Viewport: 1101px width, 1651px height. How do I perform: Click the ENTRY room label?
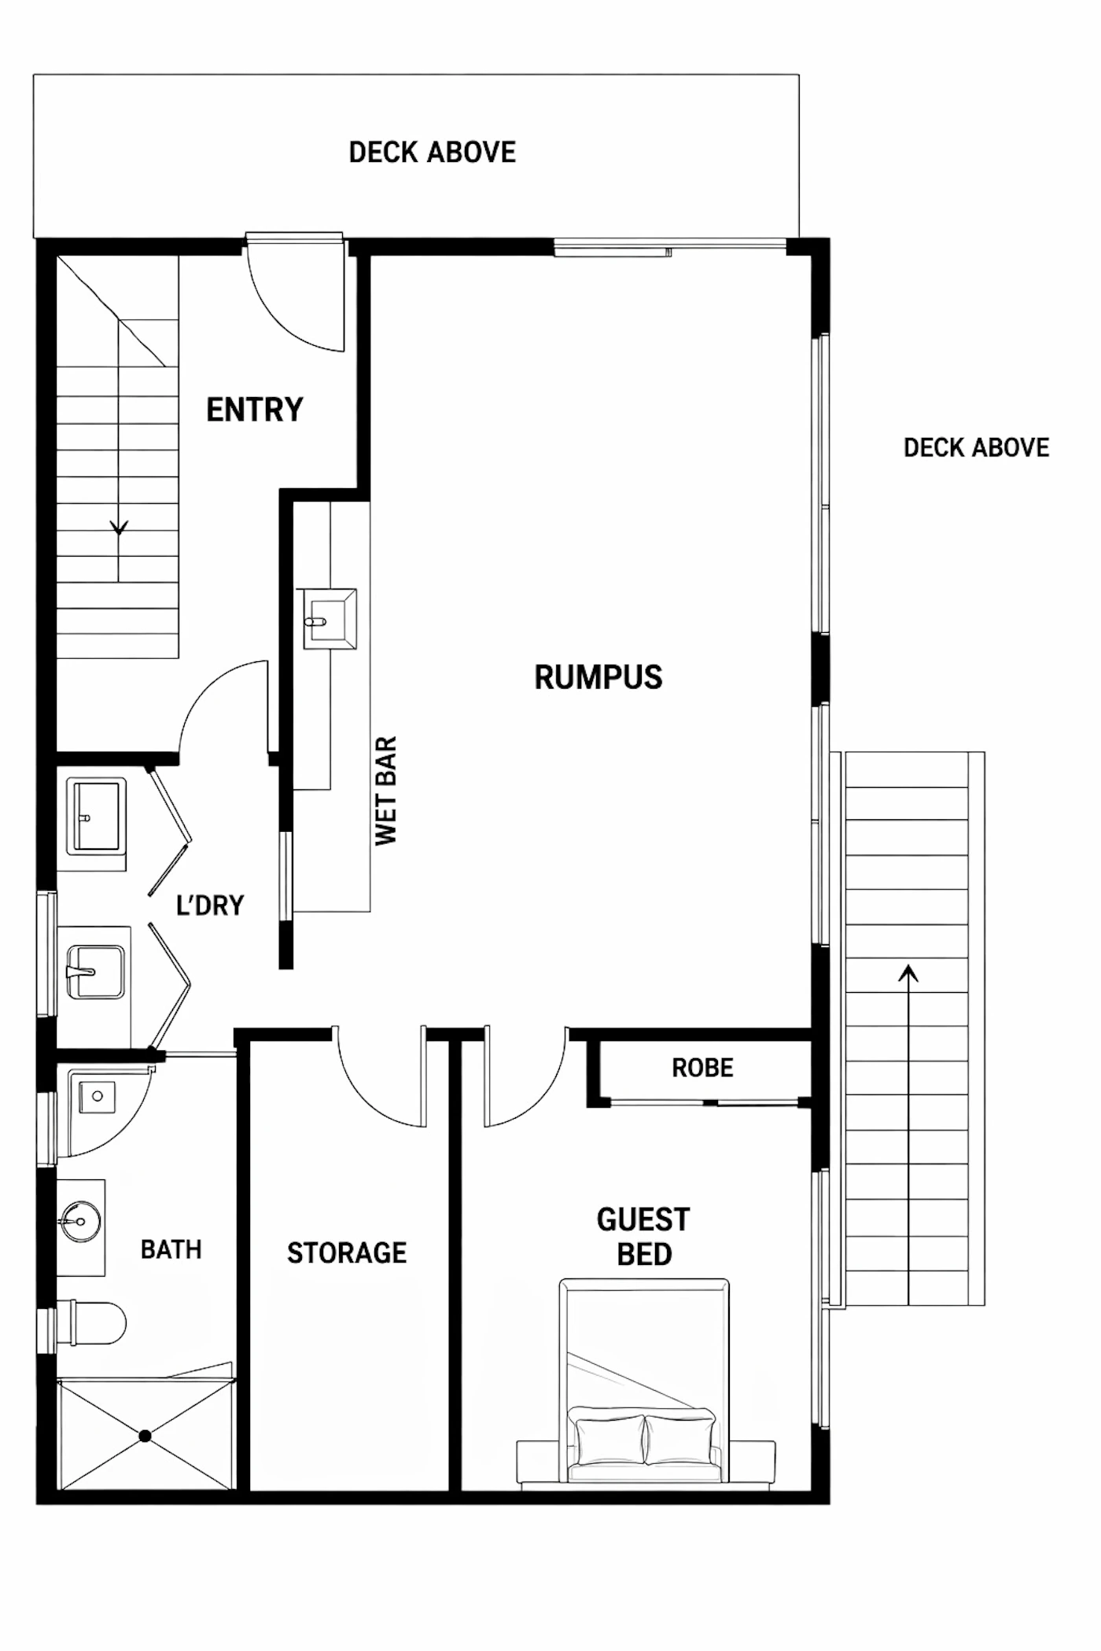(x=255, y=410)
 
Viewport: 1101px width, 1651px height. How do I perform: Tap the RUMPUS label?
(x=598, y=677)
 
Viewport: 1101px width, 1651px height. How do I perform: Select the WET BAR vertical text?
(x=386, y=791)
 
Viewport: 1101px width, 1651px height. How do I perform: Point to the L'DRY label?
(x=210, y=906)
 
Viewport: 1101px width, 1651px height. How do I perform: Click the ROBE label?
(x=702, y=1068)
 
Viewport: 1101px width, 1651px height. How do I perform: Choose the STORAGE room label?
(x=347, y=1253)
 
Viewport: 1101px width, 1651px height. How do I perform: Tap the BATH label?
(x=171, y=1249)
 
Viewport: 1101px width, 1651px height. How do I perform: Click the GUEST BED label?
(x=643, y=1237)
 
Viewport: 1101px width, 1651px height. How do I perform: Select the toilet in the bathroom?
(x=93, y=1323)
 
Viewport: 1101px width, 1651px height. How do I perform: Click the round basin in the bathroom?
(x=80, y=1221)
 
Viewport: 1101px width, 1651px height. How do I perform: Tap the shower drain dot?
(x=145, y=1436)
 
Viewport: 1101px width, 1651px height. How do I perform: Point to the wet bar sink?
(x=330, y=620)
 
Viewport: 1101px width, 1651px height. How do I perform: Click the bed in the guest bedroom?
(x=644, y=1384)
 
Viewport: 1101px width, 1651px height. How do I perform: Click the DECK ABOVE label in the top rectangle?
(x=433, y=153)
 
